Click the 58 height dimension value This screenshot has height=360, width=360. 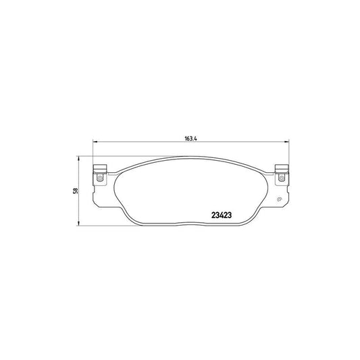pos(77,191)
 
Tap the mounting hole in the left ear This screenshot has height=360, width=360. pos(99,178)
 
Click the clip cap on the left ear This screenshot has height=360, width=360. pos(99,169)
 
